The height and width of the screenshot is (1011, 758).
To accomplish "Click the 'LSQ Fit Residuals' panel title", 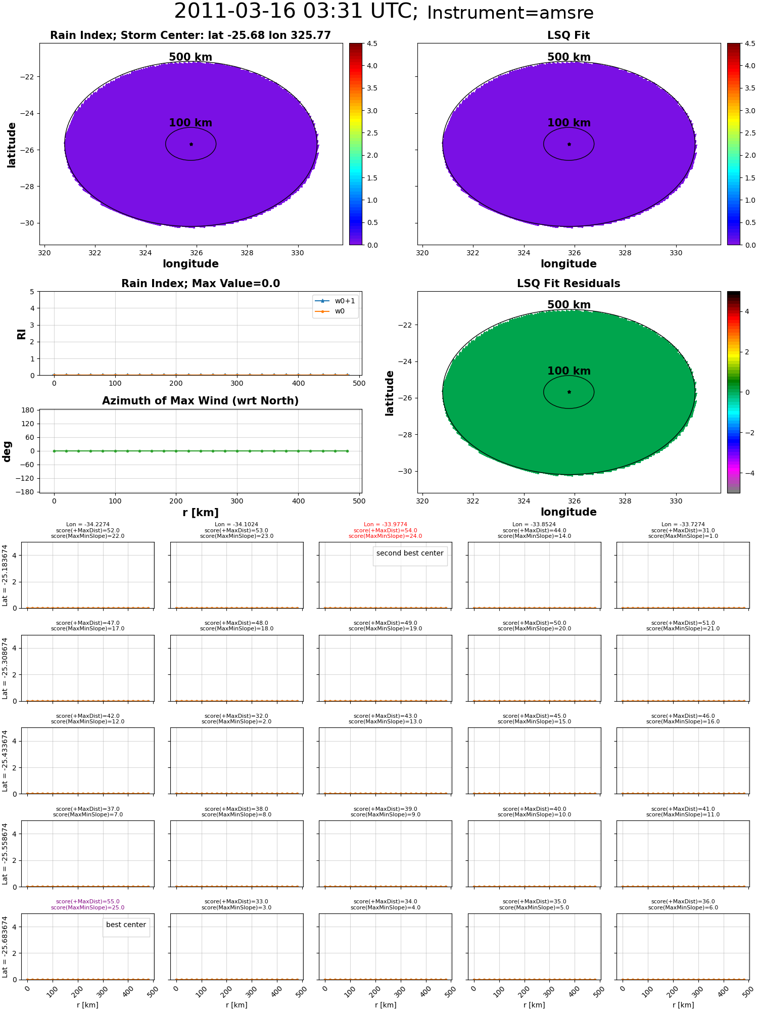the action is point(568,284).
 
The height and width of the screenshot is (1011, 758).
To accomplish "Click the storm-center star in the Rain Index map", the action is point(191,144).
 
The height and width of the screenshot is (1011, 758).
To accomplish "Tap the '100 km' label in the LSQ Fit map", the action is point(569,123).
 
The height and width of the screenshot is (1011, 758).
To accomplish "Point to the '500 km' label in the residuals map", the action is point(569,305).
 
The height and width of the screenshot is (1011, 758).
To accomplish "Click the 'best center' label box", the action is point(126,925).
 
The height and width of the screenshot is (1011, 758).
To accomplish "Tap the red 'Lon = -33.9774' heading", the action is point(386,525).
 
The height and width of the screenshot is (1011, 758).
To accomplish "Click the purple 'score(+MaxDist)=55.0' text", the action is point(88,902).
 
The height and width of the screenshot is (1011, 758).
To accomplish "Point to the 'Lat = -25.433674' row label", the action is point(5,761).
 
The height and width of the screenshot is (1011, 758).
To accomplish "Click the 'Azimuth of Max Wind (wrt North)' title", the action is point(201,401).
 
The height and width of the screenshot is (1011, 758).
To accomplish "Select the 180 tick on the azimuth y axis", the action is point(29,410).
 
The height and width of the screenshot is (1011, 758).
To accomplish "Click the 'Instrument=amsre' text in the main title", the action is point(510,13).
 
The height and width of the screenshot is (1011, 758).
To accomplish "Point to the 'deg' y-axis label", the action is point(7,451).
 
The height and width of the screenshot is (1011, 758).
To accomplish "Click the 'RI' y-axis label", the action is point(22,334).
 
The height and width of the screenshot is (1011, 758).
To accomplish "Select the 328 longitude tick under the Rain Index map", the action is point(247,253).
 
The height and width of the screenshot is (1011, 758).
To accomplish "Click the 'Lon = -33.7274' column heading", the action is point(683,525).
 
